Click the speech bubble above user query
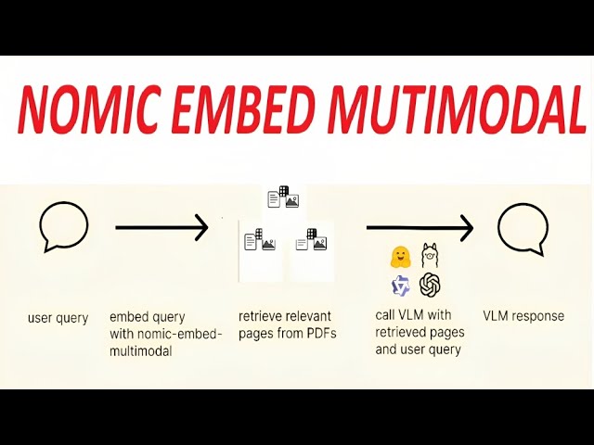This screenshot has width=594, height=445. pyautogui.click(x=64, y=227)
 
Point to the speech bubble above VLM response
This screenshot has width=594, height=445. pyautogui.click(x=523, y=230)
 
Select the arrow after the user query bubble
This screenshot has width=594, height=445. pyautogui.click(x=161, y=227)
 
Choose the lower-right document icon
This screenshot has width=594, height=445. pyautogui.click(x=312, y=240)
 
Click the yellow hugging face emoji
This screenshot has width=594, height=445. pyautogui.click(x=401, y=257)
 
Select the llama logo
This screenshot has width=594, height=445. pyautogui.click(x=429, y=255)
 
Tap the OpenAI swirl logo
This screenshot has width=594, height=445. pyautogui.click(x=430, y=285)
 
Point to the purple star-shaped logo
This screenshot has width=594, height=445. pyautogui.click(x=401, y=286)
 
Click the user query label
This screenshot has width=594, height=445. pyautogui.click(x=58, y=318)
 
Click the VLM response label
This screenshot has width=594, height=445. pyautogui.click(x=523, y=316)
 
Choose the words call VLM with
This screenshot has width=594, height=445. pyautogui.click(x=413, y=315)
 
